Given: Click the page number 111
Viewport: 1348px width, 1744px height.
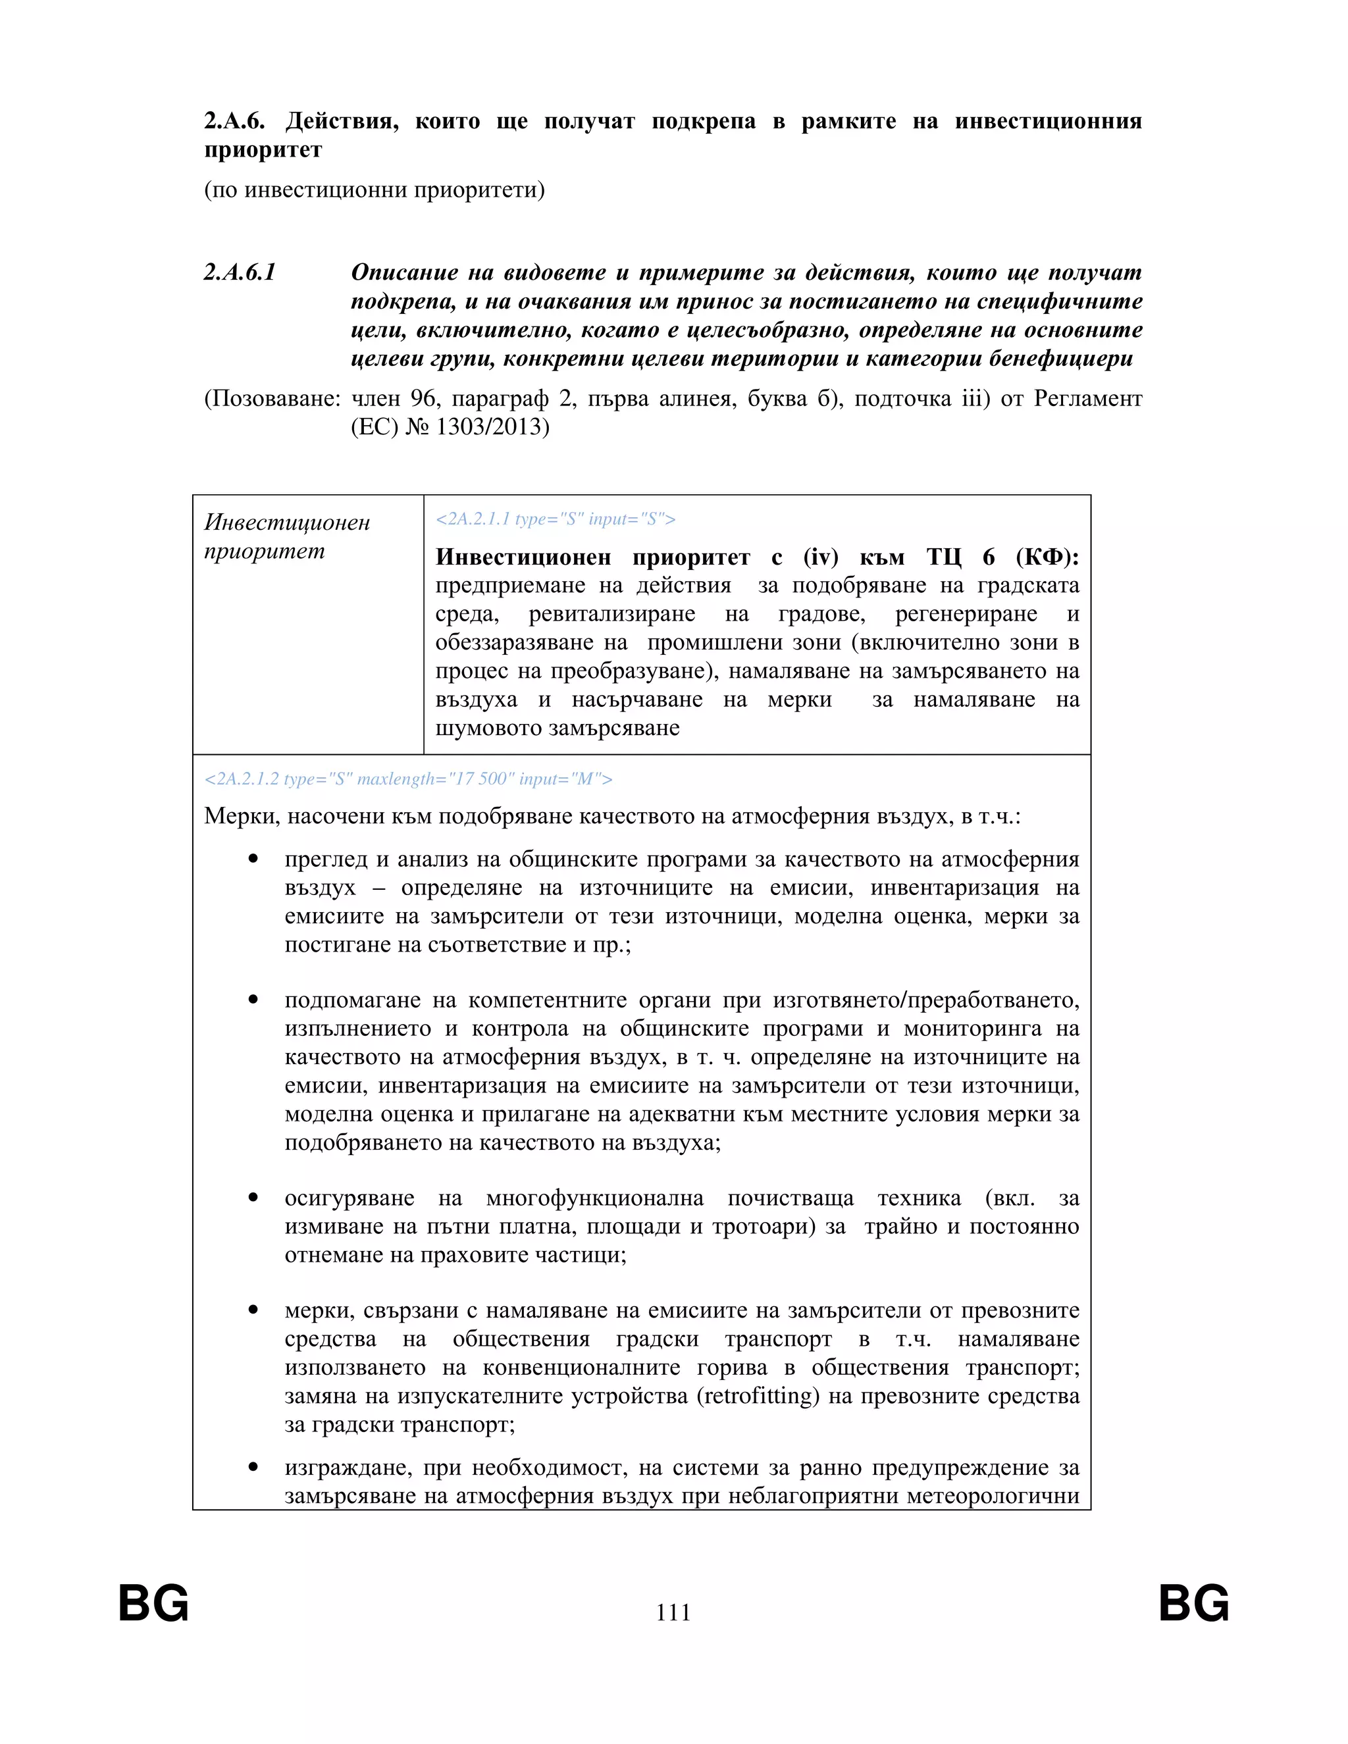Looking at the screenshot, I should [x=673, y=1612].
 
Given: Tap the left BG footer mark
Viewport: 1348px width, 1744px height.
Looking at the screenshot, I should [x=153, y=1603].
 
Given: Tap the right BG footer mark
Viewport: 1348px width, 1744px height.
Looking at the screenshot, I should [x=1194, y=1603].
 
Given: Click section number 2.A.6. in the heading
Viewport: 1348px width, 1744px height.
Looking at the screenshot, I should [x=234, y=121].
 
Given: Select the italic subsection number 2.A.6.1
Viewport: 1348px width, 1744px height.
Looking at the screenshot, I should [x=240, y=272].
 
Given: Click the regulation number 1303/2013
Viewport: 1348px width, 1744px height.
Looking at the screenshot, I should [x=493, y=427].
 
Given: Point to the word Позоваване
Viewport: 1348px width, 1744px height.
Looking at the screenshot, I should [x=272, y=398].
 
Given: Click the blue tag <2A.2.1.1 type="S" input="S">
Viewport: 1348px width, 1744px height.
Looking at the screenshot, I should [x=555, y=519].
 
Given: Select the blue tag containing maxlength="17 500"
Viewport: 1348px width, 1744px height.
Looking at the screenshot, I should [x=408, y=779].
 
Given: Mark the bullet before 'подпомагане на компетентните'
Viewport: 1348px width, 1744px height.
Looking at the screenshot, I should [x=253, y=1000].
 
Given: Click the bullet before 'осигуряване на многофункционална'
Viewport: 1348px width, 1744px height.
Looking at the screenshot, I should [x=253, y=1198].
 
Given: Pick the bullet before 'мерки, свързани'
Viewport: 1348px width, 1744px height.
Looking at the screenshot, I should [x=253, y=1310].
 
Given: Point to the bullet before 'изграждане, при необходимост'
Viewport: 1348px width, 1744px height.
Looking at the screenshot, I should [x=253, y=1467].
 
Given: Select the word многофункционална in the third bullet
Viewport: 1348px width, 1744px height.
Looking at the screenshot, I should [x=594, y=1198].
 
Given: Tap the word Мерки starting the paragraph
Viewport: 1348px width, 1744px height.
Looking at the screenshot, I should [x=240, y=816].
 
